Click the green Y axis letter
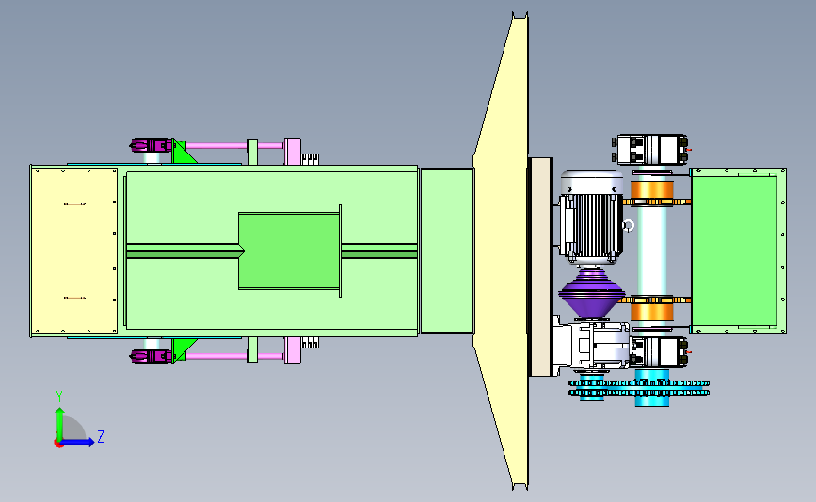(59, 397)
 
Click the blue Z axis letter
(101, 436)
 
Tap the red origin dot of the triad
(58, 444)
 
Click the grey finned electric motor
(592, 219)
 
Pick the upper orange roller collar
(651, 193)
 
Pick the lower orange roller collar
(651, 308)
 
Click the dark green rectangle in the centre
(289, 251)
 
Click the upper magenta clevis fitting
(151, 145)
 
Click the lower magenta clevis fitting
(151, 357)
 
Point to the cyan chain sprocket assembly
(639, 387)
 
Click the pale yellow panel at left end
(74, 251)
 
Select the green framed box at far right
(738, 251)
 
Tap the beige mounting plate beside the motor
(540, 267)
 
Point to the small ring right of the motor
(628, 226)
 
